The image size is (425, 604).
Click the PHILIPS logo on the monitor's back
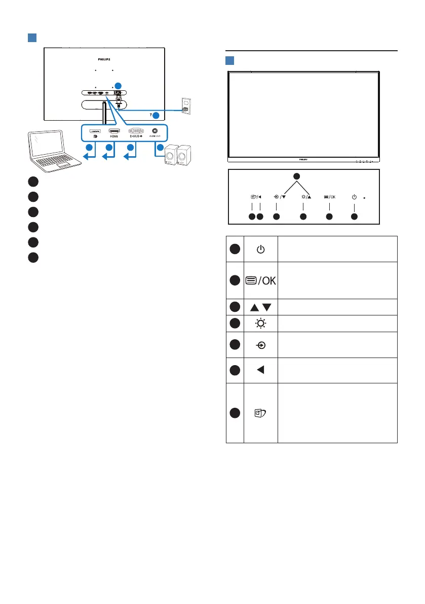point(103,59)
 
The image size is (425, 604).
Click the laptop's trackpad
point(64,166)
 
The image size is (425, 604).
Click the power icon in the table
point(260,249)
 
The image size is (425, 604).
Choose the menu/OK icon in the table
point(260,280)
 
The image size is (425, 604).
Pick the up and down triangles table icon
point(260,307)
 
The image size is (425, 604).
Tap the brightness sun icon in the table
point(260,323)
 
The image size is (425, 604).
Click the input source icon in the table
point(260,344)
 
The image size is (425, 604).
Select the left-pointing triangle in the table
point(260,370)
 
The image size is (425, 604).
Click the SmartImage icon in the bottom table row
point(260,412)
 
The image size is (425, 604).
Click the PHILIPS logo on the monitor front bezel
point(303,159)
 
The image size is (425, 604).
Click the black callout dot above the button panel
point(297,175)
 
